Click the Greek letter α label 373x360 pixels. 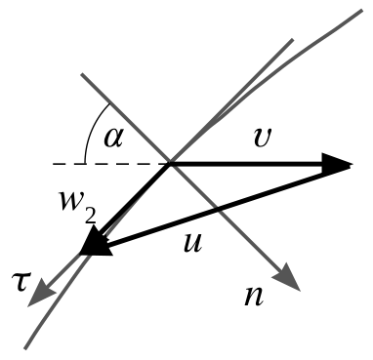113,138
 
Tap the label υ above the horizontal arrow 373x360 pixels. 262,138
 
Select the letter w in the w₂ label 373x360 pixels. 72,200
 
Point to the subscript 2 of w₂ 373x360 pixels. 90,216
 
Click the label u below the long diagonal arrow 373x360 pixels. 192,243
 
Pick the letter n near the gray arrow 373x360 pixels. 254,297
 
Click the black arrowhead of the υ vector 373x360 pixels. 337,165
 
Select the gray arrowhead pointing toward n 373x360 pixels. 287,277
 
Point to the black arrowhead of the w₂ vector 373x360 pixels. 95,242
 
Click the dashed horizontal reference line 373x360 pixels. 110,164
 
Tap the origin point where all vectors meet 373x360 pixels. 169,165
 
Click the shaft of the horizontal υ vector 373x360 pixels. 247,165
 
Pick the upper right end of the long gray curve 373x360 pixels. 362,11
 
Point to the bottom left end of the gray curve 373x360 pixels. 25,348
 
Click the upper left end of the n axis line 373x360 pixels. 82,74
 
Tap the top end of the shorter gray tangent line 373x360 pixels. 293,40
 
